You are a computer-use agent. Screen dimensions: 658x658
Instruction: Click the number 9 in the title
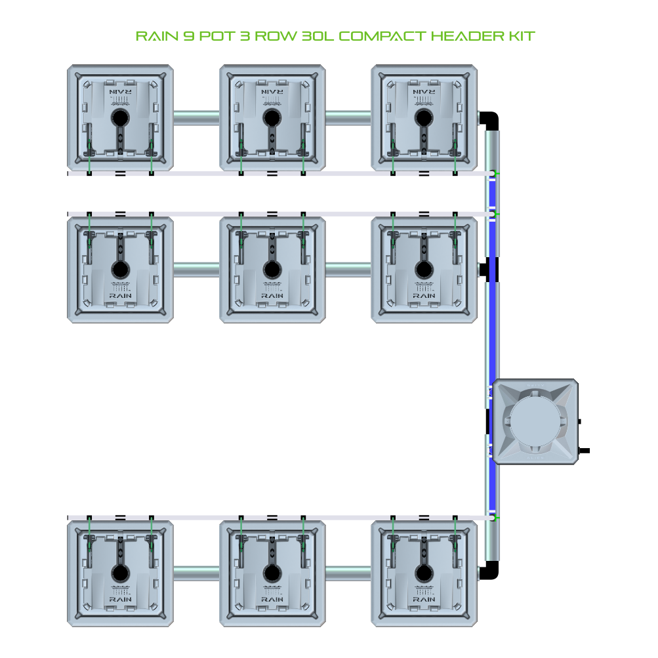tap(188, 36)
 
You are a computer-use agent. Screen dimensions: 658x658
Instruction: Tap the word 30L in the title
tap(318, 36)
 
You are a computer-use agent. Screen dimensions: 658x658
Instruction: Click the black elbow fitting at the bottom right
tap(489, 571)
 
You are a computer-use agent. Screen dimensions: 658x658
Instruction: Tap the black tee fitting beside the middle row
tap(489, 270)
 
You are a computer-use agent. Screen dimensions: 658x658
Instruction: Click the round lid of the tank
tap(535, 421)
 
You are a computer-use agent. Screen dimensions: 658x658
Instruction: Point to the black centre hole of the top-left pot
tap(121, 118)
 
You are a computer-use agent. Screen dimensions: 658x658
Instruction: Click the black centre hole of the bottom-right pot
tap(424, 573)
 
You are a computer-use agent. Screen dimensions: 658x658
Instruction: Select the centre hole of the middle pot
tap(272, 270)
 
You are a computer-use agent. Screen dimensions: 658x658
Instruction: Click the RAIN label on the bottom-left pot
tap(121, 599)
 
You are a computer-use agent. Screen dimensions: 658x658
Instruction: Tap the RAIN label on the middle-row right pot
tap(424, 296)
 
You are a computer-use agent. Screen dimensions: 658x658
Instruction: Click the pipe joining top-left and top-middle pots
tap(196, 118)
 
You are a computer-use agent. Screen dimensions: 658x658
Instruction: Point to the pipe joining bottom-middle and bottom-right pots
tap(348, 573)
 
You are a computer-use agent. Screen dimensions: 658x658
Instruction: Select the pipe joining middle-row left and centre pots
tap(196, 270)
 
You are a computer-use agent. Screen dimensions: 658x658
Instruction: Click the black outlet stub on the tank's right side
tap(584, 451)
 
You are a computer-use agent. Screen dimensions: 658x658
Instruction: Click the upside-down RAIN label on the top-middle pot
tap(272, 92)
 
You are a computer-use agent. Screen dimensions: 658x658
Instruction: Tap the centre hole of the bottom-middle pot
tap(272, 573)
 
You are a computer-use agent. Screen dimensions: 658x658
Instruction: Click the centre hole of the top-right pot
tap(424, 118)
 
